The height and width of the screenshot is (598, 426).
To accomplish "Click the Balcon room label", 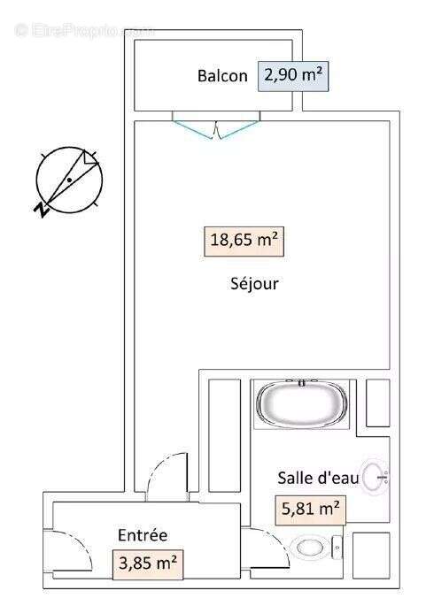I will point(222,76).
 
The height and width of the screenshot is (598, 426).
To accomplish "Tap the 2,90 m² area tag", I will point(292,76).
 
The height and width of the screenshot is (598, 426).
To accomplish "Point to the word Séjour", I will point(253,284).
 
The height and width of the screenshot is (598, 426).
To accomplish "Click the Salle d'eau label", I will point(318,478).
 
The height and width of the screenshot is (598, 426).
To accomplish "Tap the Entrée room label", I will point(143,534).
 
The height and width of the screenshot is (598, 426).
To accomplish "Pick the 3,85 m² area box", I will point(147,563).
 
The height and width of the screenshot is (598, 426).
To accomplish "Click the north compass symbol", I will point(68,180).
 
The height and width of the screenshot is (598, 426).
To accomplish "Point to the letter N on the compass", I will point(41,209).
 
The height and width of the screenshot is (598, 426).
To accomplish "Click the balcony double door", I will point(216,128).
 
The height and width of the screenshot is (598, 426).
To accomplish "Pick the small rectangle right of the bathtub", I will point(378,403).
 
